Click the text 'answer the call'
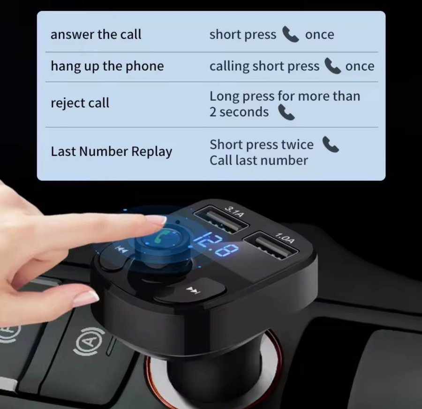pyautogui.click(x=96, y=34)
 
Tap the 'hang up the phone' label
pyautogui.click(x=107, y=66)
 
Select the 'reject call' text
pyautogui.click(x=80, y=103)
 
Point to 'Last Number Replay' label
pyautogui.click(x=112, y=151)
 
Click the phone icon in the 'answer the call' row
pyautogui.click(x=290, y=34)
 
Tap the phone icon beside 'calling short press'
pyautogui.click(x=332, y=66)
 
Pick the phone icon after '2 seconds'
pyautogui.click(x=286, y=112)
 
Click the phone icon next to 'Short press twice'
pyautogui.click(x=331, y=144)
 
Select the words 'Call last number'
pyautogui.click(x=259, y=161)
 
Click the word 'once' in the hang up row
pyautogui.click(x=360, y=67)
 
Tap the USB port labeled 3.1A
pyautogui.click(x=221, y=219)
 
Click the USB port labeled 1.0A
pyautogui.click(x=271, y=245)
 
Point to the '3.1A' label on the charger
pyautogui.click(x=235, y=211)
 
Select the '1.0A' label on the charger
pyautogui.click(x=285, y=238)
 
